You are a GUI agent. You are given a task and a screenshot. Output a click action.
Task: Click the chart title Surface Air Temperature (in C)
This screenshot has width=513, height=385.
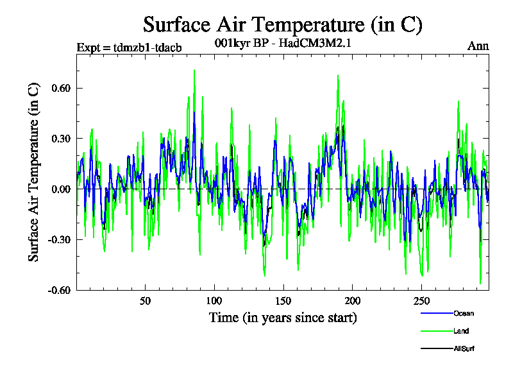coord(282,25)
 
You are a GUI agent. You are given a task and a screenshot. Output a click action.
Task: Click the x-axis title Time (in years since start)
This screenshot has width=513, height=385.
coord(283,318)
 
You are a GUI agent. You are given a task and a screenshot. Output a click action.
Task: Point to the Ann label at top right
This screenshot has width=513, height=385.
coord(478,47)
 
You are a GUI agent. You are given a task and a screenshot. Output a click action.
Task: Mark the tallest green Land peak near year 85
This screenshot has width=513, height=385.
coord(194,71)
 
